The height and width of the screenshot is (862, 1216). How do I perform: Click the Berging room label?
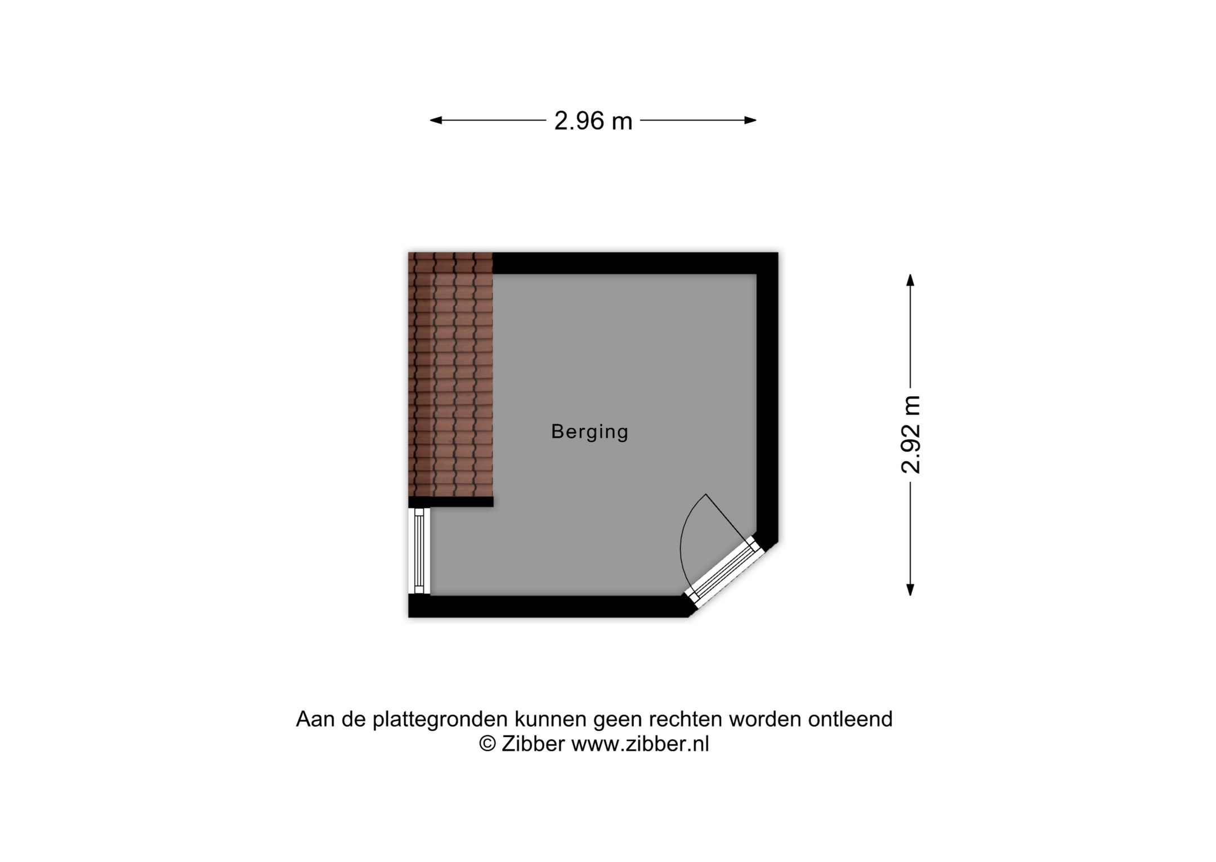coord(589,432)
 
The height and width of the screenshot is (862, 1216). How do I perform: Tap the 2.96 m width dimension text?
coord(593,121)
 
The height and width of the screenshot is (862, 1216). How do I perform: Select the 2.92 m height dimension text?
coord(910,434)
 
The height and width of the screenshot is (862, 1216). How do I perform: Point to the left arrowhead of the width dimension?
coord(436,120)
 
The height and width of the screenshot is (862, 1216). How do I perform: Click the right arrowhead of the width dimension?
coord(750,120)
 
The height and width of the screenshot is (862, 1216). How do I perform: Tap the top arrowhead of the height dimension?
coord(910,280)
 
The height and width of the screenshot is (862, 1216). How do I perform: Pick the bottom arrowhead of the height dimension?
coord(910,589)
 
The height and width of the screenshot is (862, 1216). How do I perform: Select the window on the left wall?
coord(419,551)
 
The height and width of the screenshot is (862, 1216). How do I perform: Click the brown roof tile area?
coord(450,374)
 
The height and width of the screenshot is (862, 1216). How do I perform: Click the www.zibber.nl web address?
coord(640,744)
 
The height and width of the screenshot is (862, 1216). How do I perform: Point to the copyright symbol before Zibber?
coord(488,744)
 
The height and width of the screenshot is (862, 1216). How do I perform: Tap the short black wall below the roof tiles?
coord(451,502)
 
